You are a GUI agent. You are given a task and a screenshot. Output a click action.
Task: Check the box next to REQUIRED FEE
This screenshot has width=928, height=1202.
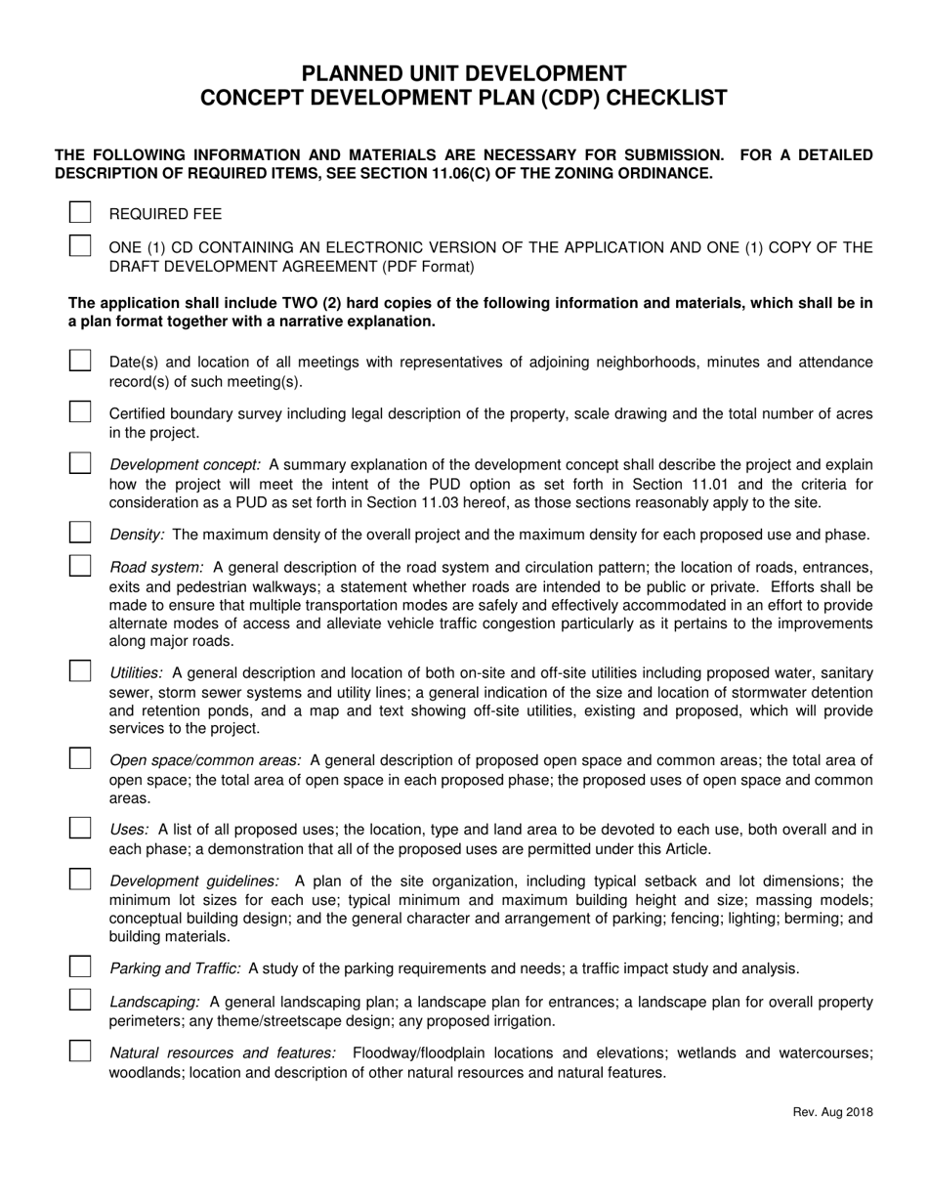[x=80, y=213]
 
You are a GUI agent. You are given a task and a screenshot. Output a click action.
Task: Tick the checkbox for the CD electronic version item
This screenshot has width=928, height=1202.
[x=80, y=246]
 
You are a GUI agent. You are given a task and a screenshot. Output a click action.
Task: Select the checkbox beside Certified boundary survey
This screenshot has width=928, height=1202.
[x=80, y=412]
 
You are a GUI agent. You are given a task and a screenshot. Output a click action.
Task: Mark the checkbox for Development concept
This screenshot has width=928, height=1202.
[x=80, y=463]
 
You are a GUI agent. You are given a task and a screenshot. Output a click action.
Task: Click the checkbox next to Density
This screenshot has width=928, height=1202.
[x=80, y=534]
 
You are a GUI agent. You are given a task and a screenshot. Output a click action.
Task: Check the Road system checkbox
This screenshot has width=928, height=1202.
[x=80, y=566]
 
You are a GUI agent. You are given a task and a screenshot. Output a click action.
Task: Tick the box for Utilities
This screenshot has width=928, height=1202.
[x=80, y=671]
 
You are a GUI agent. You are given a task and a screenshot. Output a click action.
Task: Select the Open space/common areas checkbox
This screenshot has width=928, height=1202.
[x=80, y=759]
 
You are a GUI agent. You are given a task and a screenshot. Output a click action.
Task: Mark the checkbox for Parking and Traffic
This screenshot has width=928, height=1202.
[x=80, y=967]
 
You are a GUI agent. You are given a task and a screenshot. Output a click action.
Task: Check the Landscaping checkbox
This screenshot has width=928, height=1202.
[x=80, y=1001]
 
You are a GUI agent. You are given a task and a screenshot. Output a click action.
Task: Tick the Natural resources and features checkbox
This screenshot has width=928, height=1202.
[x=80, y=1052]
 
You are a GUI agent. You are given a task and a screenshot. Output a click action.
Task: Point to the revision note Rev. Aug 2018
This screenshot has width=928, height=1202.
[x=832, y=1112]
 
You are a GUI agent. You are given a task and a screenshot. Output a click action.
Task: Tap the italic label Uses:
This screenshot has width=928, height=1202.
[x=129, y=830]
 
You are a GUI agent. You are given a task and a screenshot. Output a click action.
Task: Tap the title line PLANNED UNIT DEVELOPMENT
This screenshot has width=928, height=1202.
[x=463, y=73]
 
